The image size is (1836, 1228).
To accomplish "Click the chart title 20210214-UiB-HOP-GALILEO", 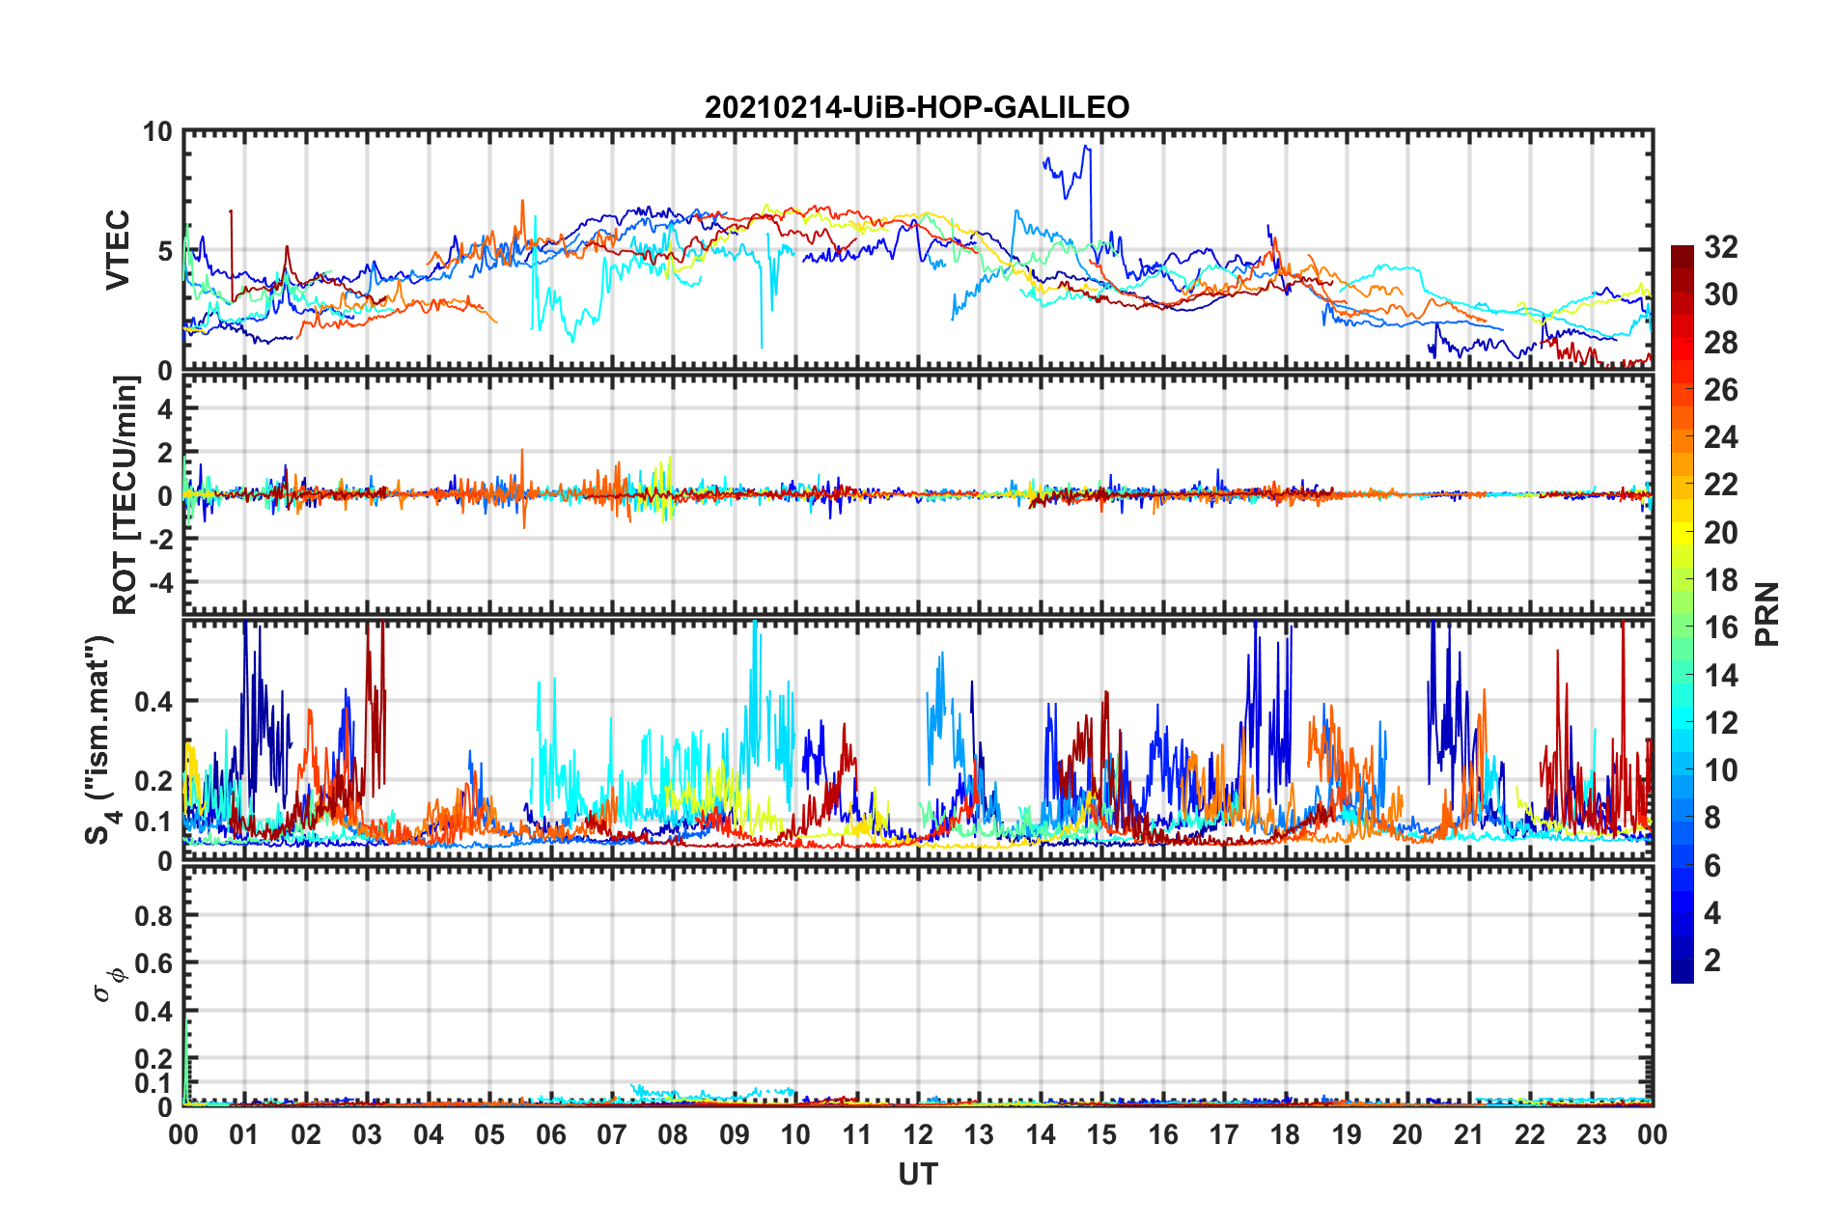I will click(917, 107).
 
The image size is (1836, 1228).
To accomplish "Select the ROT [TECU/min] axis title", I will click(125, 495).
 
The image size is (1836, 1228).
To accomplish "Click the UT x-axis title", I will click(917, 1174).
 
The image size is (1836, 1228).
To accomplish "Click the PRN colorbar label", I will click(1767, 614).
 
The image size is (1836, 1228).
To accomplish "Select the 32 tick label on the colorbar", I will click(1721, 247).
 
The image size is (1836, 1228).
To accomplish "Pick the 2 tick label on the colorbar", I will click(1712, 961).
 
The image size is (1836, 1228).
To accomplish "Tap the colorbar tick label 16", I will click(1721, 628).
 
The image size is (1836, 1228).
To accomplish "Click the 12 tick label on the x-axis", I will click(917, 1134).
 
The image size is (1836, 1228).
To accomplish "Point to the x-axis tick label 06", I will click(550, 1134).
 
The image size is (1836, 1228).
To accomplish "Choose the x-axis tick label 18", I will click(1285, 1134).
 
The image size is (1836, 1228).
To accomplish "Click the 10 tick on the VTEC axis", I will click(157, 132).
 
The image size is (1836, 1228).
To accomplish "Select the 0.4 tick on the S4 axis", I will click(153, 702).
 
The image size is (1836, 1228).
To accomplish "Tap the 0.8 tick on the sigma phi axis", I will click(153, 915).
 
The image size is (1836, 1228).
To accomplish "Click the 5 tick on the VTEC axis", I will click(164, 251).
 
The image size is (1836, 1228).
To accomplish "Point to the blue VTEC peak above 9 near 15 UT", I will click(1087, 147).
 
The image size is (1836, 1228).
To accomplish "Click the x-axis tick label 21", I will click(1468, 1134).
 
